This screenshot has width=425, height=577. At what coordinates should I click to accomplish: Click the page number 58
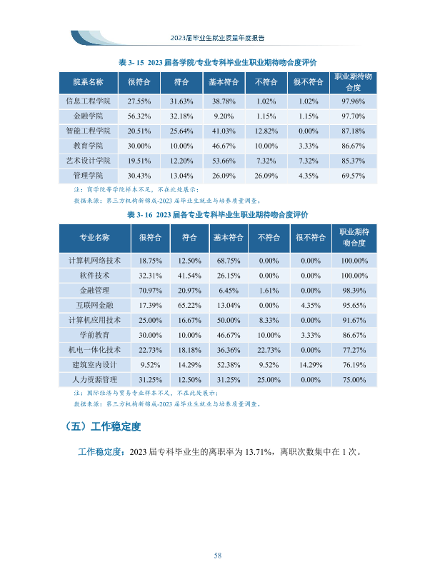(217, 556)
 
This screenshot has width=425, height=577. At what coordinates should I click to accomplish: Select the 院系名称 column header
(89, 82)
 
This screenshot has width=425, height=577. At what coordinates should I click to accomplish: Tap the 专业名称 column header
(94, 237)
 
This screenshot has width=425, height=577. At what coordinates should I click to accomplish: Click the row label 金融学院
(89, 116)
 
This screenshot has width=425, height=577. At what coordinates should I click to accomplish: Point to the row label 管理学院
(89, 176)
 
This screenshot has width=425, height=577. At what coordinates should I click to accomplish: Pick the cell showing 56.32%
(139, 116)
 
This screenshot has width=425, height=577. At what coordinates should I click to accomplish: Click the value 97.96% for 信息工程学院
(354, 101)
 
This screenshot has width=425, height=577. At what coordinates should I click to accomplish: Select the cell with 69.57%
(354, 176)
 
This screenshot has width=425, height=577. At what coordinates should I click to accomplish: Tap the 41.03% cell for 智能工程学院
(224, 131)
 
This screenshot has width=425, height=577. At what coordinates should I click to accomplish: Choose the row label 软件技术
(94, 275)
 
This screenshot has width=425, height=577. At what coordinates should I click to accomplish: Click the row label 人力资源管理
(94, 379)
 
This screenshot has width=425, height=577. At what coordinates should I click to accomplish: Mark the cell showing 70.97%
(150, 291)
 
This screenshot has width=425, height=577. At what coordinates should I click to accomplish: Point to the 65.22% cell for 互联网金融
(189, 306)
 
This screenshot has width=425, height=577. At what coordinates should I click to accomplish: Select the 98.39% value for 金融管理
(354, 291)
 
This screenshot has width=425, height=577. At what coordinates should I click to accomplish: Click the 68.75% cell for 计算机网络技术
(229, 261)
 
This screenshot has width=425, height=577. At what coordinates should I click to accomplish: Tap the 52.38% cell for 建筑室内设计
(229, 365)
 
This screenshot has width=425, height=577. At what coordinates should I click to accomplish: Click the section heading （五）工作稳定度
(102, 426)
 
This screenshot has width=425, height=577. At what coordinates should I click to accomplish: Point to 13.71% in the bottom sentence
(259, 451)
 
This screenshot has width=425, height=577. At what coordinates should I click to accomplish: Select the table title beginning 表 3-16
(217, 214)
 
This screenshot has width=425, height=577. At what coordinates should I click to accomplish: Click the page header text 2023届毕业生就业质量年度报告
(217, 38)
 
